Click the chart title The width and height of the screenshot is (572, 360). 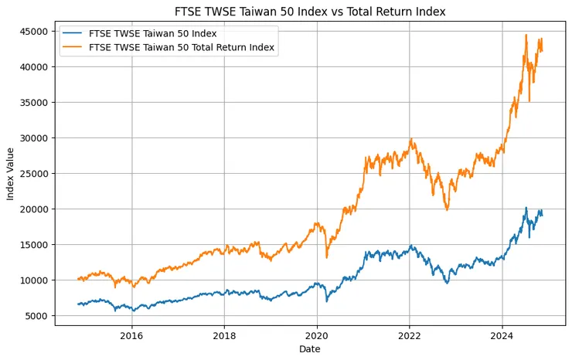310,11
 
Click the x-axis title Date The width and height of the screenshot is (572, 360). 309,349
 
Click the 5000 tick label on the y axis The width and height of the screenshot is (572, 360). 37,316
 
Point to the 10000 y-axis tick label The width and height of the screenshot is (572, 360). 35,280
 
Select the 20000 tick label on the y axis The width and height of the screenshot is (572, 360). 35,209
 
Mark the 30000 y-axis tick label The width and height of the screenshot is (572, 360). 35,138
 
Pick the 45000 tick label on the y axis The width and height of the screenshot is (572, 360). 35,32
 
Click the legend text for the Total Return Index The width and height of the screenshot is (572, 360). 182,47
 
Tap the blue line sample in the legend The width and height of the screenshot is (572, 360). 74,34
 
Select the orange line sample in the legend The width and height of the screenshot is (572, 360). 74,47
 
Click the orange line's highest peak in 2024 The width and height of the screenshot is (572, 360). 526,35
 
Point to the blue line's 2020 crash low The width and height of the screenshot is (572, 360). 327,301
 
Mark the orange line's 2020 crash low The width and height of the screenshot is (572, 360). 327,257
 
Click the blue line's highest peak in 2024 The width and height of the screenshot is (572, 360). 526,207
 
